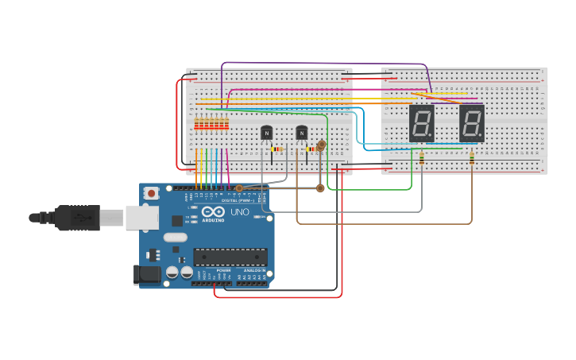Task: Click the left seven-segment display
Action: [x=421, y=123]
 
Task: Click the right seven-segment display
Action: [x=472, y=123]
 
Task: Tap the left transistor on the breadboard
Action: [x=266, y=132]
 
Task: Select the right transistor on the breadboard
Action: [x=301, y=132]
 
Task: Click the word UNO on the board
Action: [x=240, y=212]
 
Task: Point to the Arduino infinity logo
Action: [x=213, y=212]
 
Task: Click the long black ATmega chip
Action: [x=230, y=257]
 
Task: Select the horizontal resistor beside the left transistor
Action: [x=276, y=149]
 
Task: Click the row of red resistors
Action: [x=211, y=123]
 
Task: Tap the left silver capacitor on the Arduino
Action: [x=172, y=272]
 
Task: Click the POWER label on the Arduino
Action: [x=223, y=271]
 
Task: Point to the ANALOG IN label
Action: [x=254, y=271]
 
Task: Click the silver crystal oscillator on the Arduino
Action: [x=176, y=237]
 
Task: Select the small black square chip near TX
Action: [x=176, y=221]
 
